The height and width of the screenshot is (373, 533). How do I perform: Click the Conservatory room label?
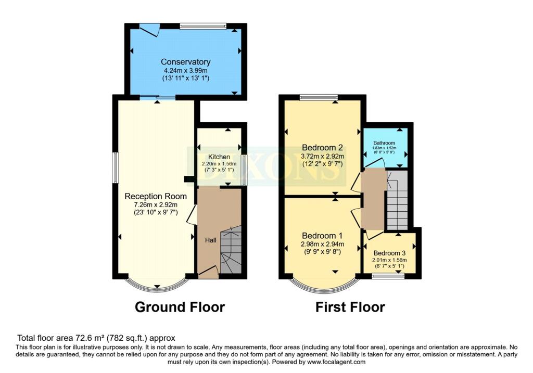point(186,62)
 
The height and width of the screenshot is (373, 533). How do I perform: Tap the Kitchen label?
point(219,157)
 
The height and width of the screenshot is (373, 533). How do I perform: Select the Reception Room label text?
point(156,196)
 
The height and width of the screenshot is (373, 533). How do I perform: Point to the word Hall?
point(211,240)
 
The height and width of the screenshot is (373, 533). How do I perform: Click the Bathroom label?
point(384,143)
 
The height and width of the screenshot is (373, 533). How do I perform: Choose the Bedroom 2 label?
point(322,147)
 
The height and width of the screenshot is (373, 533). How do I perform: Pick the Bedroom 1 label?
point(322,236)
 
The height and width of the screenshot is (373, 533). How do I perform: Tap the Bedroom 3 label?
point(389,253)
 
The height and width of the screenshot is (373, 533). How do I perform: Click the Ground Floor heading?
point(180,307)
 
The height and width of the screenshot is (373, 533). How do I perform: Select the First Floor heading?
point(350,307)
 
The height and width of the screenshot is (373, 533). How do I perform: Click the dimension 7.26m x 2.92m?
point(156,205)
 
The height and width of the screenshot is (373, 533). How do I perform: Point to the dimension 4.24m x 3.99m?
point(186,71)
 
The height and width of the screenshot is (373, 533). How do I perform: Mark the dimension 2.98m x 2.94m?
point(322,244)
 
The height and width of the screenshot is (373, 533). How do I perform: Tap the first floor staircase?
point(397,200)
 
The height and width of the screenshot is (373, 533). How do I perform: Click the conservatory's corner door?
point(150,30)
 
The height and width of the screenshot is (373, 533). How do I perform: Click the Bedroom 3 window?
point(388,276)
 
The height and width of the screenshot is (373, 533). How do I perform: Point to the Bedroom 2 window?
point(319,97)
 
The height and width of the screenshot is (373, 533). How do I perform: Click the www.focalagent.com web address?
point(336,362)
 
